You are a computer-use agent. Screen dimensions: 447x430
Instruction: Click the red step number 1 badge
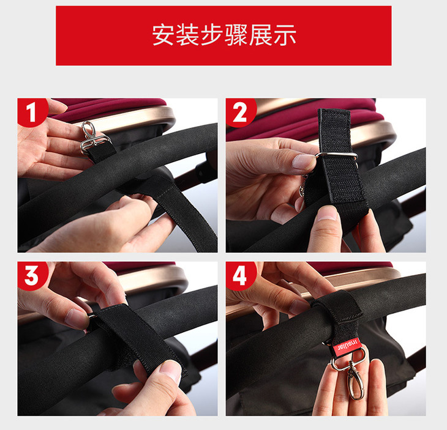(32, 112)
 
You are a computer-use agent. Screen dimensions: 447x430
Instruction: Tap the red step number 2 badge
(240, 112)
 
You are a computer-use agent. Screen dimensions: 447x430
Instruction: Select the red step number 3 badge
(32, 275)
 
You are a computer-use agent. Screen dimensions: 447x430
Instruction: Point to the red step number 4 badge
(240, 275)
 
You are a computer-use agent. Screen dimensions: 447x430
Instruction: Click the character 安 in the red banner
(163, 35)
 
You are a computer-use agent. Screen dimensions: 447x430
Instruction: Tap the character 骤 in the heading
(236, 35)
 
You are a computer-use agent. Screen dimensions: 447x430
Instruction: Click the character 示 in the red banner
(285, 35)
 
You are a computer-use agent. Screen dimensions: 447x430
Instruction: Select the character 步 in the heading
(212, 35)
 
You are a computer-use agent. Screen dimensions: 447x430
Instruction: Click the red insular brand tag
(347, 347)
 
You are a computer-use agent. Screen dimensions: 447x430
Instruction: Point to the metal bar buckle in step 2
(336, 156)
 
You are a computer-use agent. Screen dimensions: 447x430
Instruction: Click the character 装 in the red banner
(187, 35)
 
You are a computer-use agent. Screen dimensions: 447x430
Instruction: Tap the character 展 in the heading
(261, 35)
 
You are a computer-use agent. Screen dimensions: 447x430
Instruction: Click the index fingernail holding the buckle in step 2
(303, 161)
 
